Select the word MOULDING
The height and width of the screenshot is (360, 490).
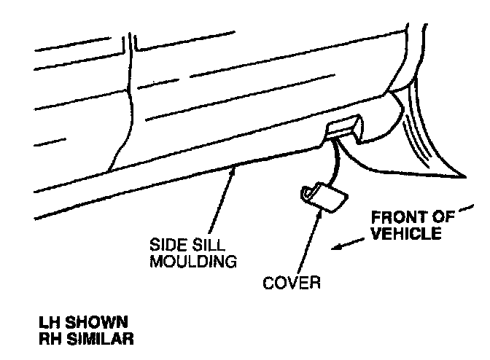click(192, 261)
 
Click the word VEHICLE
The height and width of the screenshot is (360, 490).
click(405, 234)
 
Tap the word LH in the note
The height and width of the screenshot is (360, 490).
click(49, 321)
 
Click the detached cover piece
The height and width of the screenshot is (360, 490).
click(323, 197)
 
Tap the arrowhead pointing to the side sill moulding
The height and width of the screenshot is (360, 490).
click(233, 170)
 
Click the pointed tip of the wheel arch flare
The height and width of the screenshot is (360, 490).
click(464, 176)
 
